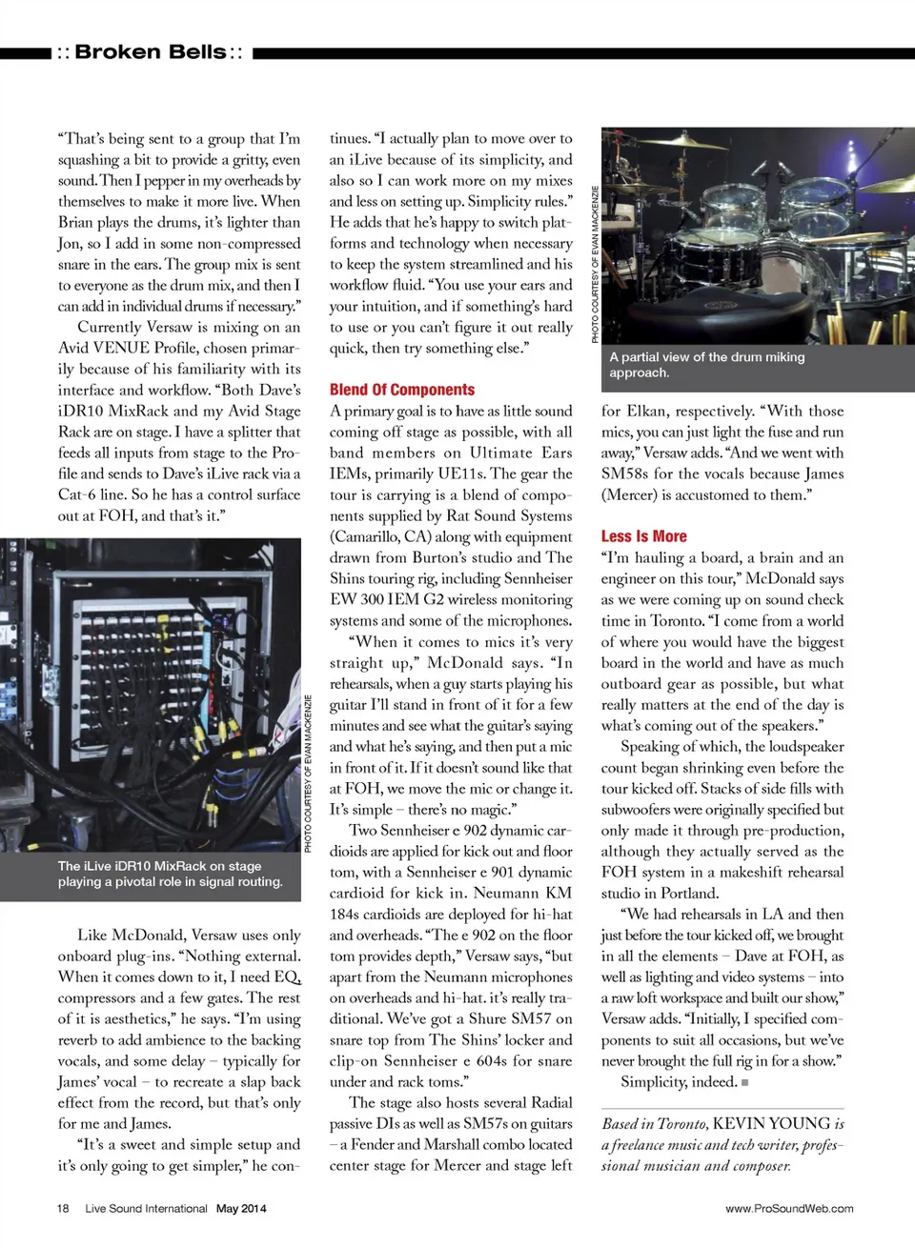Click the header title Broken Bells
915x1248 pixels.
coord(150,52)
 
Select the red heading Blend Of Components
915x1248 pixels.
coord(401,390)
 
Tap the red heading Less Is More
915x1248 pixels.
coord(643,536)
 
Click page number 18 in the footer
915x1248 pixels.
coord(63,1208)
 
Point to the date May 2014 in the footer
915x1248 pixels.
coord(241,1208)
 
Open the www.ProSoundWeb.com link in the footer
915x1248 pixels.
coord(788,1208)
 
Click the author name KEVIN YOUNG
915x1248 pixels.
coord(771,1123)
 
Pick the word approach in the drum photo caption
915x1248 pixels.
coord(639,372)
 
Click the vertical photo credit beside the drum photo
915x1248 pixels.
coord(596,264)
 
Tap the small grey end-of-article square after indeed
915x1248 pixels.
coord(744,1082)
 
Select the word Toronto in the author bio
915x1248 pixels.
coord(681,1124)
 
